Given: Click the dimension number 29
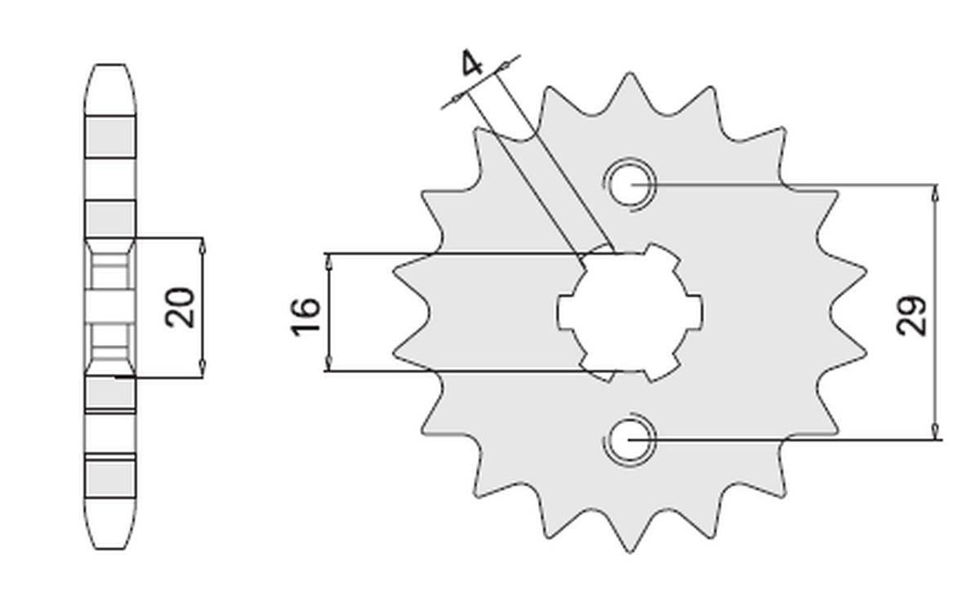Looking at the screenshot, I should (913, 314).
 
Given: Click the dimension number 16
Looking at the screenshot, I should (304, 315).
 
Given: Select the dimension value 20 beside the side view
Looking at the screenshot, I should (180, 307).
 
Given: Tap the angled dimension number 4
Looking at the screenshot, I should (473, 64).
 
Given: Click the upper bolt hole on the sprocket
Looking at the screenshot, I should (630, 185).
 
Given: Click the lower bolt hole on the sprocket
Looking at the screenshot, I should (630, 441).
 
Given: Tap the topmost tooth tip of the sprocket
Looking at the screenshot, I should (630, 76).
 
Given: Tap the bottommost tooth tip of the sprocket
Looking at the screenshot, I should (630, 549).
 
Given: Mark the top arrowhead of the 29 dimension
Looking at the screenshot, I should (935, 190).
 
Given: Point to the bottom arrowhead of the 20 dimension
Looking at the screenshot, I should (203, 371).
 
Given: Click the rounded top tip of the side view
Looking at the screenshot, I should (109, 67).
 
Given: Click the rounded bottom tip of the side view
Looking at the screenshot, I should (109, 556).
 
